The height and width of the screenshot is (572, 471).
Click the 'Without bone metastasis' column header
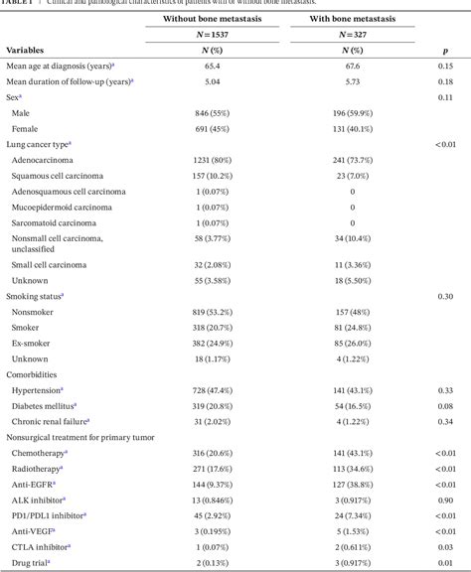point(212,16)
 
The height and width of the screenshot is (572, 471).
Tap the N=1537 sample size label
point(212,33)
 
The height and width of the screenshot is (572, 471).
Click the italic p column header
point(444,49)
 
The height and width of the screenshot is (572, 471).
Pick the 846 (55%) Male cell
point(212,113)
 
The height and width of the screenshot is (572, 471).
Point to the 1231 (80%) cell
point(212,161)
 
